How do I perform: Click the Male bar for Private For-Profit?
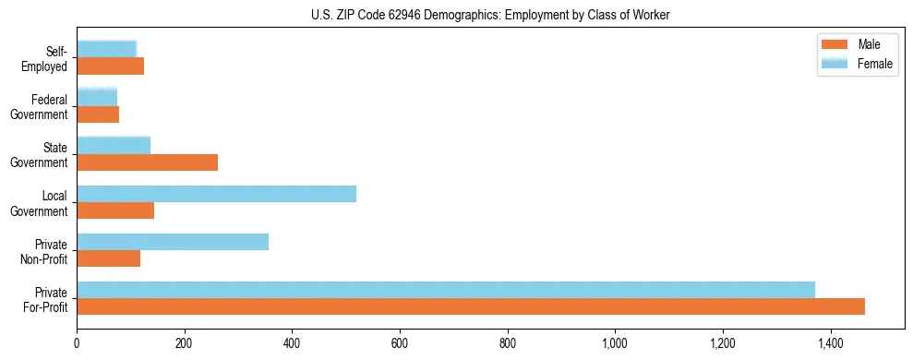click(471, 306)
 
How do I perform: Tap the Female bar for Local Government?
click(216, 194)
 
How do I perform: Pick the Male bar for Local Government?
click(115, 210)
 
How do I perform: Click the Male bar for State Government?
click(147, 162)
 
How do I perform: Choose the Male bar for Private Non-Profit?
click(108, 258)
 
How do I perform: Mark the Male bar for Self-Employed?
click(110, 66)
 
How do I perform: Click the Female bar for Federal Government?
click(97, 97)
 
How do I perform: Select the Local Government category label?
click(40, 203)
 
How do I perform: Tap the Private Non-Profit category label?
click(43, 251)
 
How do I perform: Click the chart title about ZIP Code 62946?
click(490, 15)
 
